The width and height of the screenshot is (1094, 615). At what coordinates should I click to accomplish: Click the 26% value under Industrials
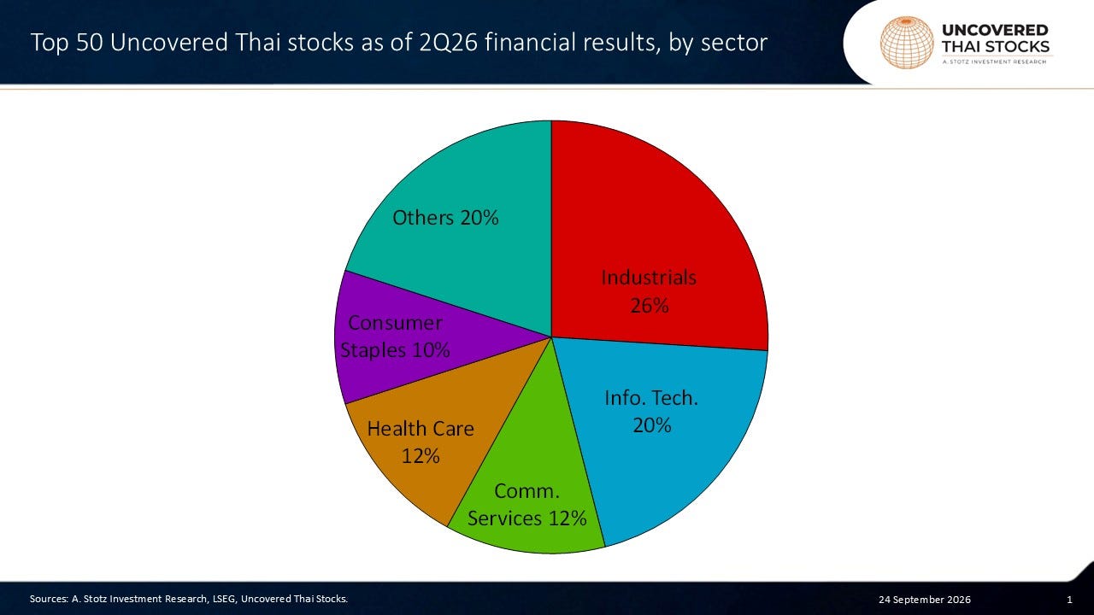pyautogui.click(x=649, y=306)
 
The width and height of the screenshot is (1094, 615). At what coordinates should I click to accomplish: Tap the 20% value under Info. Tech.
pyautogui.click(x=652, y=425)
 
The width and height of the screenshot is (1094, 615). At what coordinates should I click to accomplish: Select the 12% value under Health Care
pyautogui.click(x=421, y=456)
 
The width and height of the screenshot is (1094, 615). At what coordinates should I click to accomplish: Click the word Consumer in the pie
pyautogui.click(x=395, y=323)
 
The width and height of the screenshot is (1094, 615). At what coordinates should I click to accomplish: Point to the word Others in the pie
pyautogui.click(x=423, y=218)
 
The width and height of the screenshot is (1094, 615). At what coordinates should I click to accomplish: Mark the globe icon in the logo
pyautogui.click(x=907, y=43)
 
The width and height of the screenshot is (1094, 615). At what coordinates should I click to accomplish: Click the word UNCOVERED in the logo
pyautogui.click(x=995, y=30)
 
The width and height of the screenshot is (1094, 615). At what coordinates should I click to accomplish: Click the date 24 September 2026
pyautogui.click(x=925, y=600)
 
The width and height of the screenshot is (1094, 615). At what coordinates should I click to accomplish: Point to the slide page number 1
pyautogui.click(x=1069, y=600)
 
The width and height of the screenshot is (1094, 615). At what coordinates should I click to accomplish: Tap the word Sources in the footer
pyautogui.click(x=49, y=599)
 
